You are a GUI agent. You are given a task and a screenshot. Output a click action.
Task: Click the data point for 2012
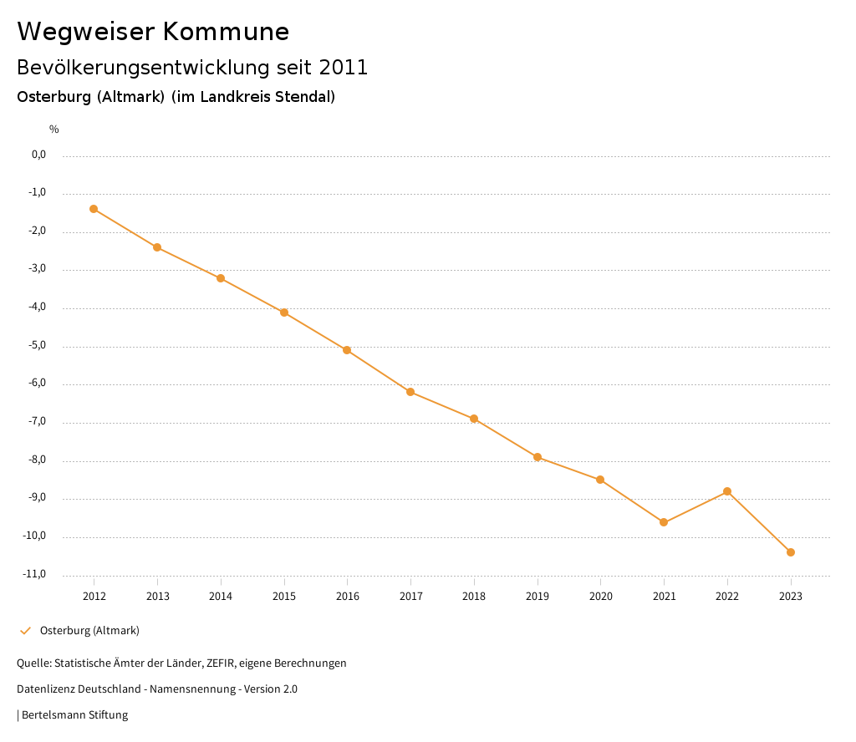tap(94, 209)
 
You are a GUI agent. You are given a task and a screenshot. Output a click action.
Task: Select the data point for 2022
tap(727, 491)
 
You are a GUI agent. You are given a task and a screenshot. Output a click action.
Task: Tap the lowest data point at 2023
tap(791, 552)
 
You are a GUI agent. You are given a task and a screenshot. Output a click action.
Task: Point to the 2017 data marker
tap(410, 392)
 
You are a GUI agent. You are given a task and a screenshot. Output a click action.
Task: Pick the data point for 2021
tap(664, 522)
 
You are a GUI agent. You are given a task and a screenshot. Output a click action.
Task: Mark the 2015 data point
tap(284, 313)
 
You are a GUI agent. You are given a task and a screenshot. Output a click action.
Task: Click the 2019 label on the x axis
tap(538, 596)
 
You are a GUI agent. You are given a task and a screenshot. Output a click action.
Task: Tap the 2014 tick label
tap(221, 596)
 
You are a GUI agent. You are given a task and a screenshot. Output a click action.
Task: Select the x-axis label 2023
tap(791, 596)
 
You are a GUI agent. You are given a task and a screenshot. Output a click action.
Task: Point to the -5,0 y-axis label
tap(38, 345)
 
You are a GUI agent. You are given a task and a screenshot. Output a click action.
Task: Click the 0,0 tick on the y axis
tap(39, 155)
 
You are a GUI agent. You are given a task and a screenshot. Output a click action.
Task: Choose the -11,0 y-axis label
tap(36, 574)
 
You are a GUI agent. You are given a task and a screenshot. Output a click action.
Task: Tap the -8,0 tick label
tap(38, 460)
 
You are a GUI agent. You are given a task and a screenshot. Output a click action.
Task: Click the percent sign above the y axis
tap(54, 130)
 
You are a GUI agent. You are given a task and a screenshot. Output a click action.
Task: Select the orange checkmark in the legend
tap(25, 631)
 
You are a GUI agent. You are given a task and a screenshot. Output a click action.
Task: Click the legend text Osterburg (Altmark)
tap(89, 631)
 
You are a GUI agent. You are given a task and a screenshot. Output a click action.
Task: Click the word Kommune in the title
tap(226, 32)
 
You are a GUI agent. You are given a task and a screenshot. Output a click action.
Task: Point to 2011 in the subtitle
tap(344, 68)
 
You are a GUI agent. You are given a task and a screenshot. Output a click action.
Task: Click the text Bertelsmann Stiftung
tap(74, 715)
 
